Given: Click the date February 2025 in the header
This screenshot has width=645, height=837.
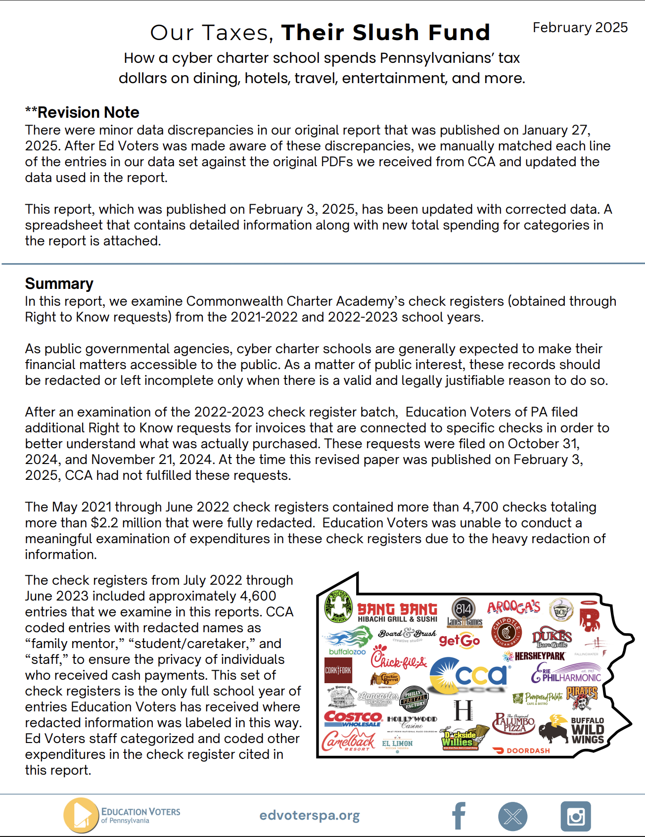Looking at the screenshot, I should click(x=580, y=28).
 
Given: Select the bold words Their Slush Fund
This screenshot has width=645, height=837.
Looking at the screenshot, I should click(x=385, y=33).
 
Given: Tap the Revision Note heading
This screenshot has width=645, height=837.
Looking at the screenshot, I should click(x=83, y=112).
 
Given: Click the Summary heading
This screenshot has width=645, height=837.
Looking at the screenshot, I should click(x=59, y=283).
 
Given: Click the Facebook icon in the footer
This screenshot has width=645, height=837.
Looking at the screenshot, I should click(x=459, y=816).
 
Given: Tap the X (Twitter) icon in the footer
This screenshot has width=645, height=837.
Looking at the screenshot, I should click(x=512, y=816).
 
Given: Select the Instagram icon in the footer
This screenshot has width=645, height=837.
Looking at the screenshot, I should click(x=575, y=816).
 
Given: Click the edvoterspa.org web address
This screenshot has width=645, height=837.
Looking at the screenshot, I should click(x=310, y=815).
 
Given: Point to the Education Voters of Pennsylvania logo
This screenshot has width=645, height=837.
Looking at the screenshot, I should click(x=122, y=815).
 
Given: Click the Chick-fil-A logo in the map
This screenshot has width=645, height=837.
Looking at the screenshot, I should click(x=398, y=658).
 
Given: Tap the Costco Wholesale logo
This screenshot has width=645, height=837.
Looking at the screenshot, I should click(x=353, y=718).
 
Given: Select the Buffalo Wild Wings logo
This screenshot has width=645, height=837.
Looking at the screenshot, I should click(x=587, y=731).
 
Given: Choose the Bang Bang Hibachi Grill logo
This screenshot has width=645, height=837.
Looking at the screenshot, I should click(x=397, y=612).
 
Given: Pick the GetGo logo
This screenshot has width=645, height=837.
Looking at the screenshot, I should click(x=459, y=641).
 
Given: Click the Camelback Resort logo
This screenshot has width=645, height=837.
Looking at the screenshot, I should click(x=348, y=742).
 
